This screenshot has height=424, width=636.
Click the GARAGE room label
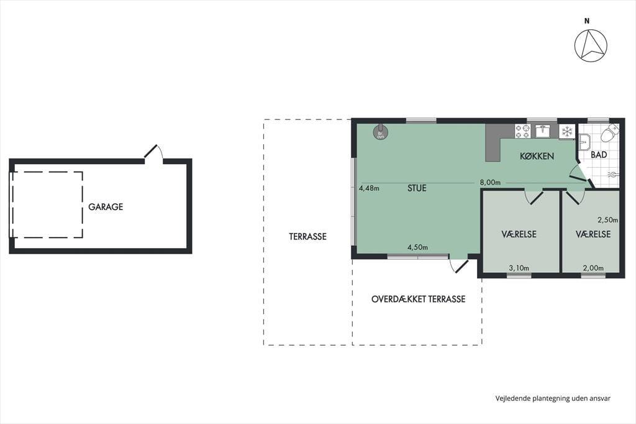click(x=106, y=207)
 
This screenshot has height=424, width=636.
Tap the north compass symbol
click(x=591, y=45)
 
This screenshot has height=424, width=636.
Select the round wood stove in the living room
click(x=381, y=132)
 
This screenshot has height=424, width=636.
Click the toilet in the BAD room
click(x=610, y=134)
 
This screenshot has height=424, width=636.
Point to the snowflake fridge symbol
click(x=567, y=131)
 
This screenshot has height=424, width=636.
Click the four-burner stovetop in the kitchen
click(x=522, y=131)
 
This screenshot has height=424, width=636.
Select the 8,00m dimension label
click(x=490, y=182)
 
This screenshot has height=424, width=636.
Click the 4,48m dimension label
click(x=369, y=188)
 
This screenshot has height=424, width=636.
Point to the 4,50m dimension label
click(x=418, y=247)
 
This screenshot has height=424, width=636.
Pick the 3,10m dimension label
click(x=519, y=268)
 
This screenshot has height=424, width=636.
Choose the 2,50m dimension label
click(x=608, y=220)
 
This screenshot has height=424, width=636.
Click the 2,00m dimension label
click(x=593, y=268)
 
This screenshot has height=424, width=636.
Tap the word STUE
click(x=417, y=188)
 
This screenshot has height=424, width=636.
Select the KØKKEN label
click(x=537, y=156)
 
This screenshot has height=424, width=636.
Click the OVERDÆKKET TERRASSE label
click(x=418, y=299)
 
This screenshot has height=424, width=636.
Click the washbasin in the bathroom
click(x=584, y=142)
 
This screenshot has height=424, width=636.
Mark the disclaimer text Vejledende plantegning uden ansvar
click(x=553, y=399)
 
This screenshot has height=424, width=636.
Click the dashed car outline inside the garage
click(x=83, y=205)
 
